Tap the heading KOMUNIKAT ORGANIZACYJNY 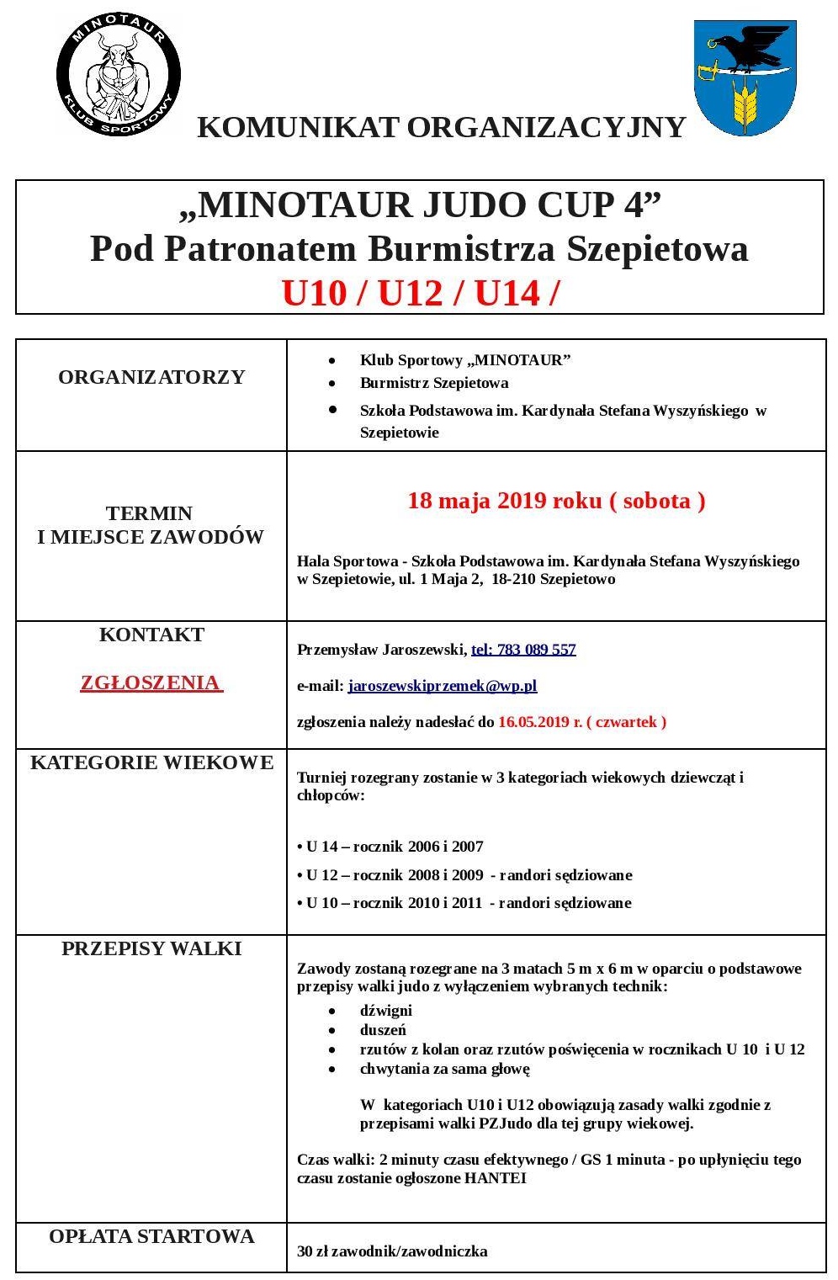[441, 127]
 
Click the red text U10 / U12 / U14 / [420, 293]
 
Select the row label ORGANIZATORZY [151, 377]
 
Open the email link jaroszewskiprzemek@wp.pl [442, 686]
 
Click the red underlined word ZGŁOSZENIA [151, 682]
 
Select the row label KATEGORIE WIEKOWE [151, 762]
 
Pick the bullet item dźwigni [385, 1010]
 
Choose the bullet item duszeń [383, 1030]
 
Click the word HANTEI [495, 1178]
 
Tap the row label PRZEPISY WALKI [151, 948]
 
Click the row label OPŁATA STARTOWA [151, 1236]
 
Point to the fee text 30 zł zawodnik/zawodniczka [392, 1251]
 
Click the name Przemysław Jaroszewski [381, 650]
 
